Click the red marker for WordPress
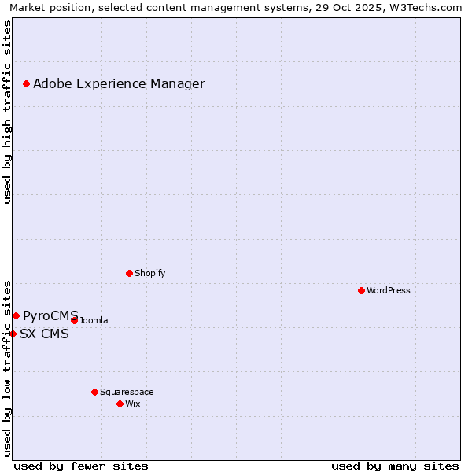[361, 290]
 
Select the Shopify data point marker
[129, 273]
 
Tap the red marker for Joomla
[74, 320]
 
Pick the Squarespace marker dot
[94, 392]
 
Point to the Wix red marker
[120, 404]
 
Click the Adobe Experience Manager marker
[26, 83]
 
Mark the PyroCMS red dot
[16, 315]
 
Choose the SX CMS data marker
[13, 334]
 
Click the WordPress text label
[389, 290]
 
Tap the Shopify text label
[149, 273]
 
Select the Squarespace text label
[127, 392]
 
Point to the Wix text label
[132, 404]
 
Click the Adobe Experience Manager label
[119, 83]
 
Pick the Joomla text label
[94, 320]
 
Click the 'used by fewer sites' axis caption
[81, 466]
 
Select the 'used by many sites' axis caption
[395, 466]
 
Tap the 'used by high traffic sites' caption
[7, 112]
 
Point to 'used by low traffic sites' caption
[7, 367]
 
